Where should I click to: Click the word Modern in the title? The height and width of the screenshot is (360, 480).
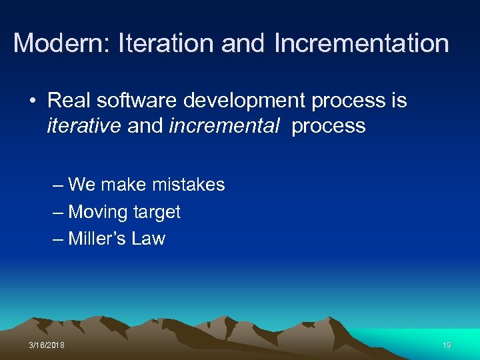click(61, 44)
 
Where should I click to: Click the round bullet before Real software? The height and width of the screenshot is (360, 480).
click(33, 101)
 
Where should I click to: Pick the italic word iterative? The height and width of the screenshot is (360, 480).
click(84, 126)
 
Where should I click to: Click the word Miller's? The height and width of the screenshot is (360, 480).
click(98, 239)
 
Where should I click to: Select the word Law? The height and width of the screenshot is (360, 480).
click(149, 239)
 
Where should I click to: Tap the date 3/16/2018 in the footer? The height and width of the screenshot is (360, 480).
click(47, 345)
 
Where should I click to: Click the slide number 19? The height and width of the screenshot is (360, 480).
click(446, 345)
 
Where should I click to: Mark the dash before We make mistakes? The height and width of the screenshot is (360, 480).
click(58, 185)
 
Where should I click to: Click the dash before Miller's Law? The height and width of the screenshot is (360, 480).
click(58, 239)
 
